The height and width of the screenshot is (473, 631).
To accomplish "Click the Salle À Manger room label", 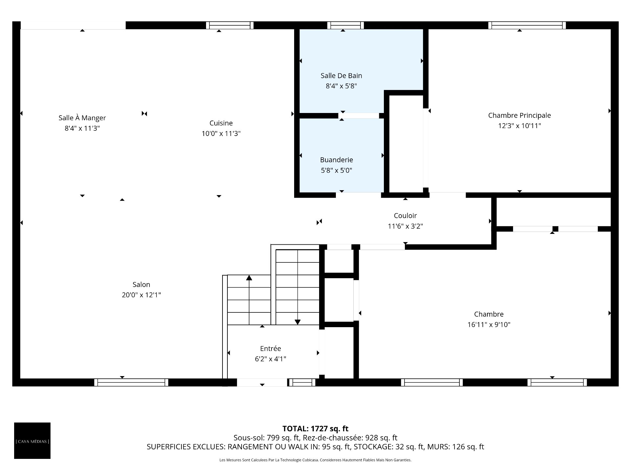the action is pos(82,118).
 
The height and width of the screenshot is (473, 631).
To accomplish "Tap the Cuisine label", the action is pos(221,123).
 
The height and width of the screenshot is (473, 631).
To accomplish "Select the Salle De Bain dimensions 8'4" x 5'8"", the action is pos(341,86).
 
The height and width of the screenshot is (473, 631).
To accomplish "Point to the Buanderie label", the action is pos(337,160).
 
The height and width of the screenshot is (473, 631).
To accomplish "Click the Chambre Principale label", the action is pos(519,115).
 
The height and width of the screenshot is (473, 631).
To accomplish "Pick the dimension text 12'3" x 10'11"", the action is pos(519,126).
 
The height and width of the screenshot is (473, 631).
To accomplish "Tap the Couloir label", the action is pos(405,216).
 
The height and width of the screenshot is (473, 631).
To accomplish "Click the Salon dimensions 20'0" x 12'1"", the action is pos(141,295).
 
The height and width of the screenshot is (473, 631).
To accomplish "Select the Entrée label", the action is pos(270,349).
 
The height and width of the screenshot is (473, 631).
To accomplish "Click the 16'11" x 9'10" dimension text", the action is pos(489,325).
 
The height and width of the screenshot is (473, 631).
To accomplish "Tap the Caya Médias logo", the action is pos(32,440).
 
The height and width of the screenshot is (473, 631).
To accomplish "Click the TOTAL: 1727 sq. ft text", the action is pos(315,429).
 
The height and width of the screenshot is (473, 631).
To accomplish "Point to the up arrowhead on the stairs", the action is pos(249,278).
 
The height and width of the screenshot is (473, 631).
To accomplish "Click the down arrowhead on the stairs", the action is pos(297,322).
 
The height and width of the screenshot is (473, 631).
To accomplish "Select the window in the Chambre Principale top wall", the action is pos(527,25).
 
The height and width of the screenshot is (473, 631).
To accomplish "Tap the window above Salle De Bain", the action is pos(345,25).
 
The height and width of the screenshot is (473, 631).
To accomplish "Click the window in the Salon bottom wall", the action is pos(131,382).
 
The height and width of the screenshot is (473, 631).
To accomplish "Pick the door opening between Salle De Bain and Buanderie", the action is pos(359,116).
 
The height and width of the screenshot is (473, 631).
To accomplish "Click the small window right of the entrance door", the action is pos(302,382).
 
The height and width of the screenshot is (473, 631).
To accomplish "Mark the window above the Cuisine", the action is pos(230,25).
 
